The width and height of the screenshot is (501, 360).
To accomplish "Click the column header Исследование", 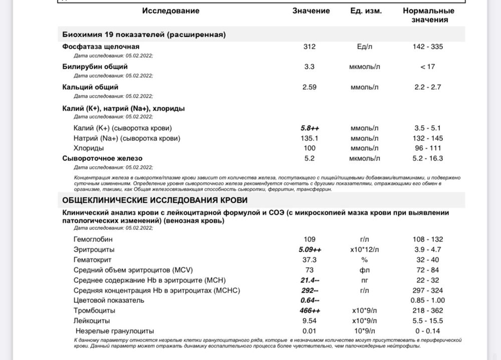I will tap(170, 11).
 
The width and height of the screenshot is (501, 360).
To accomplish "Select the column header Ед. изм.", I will tap(366, 11).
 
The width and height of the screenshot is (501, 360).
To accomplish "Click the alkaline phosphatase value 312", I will tap(310, 47).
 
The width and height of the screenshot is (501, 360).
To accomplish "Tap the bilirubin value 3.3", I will tap(310, 67).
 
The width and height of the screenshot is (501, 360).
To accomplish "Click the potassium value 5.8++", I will tap(310, 128).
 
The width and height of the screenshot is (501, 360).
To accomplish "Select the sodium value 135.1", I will tap(310, 138).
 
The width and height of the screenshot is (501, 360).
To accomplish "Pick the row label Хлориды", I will tap(89, 148).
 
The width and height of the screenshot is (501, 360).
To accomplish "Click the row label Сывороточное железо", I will tap(102, 158).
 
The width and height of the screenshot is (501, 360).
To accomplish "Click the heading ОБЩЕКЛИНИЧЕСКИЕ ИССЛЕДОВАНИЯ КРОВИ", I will tap(154, 200).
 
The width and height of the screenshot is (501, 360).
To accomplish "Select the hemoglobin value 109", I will tap(310, 239).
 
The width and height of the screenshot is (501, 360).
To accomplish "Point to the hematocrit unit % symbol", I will tap(364, 260).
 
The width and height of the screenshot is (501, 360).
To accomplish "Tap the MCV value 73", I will tap(310, 270).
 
